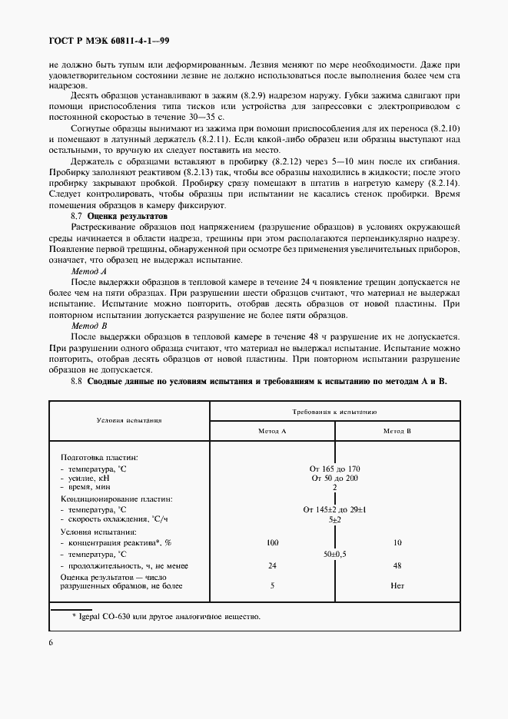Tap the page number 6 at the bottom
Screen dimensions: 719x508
tap(50, 642)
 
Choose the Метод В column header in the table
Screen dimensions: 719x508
tap(397, 431)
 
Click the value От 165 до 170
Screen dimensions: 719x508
tap(334, 469)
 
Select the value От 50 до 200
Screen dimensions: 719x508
tap(334, 478)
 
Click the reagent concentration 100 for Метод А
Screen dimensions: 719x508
tap(271, 543)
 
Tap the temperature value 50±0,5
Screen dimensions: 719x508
tap(334, 554)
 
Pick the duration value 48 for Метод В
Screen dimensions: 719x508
tap(397, 565)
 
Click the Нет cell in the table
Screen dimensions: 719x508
tap(397, 586)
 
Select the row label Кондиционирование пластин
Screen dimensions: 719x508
tap(117, 499)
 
